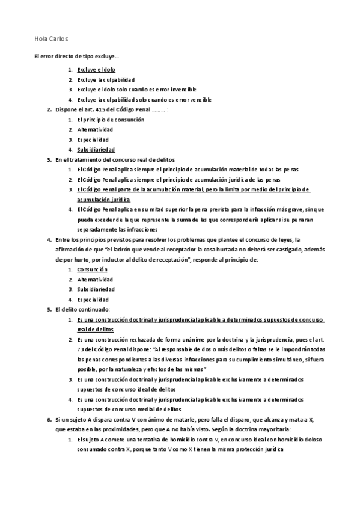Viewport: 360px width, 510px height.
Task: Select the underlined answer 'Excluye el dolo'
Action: [x=97, y=69]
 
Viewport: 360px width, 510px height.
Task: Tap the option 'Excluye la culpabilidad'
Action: [x=106, y=79]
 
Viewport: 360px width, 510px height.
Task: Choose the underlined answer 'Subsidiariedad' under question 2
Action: [x=96, y=149]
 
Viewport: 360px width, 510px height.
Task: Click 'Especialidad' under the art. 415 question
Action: [x=93, y=140]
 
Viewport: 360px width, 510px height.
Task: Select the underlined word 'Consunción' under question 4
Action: [x=92, y=269]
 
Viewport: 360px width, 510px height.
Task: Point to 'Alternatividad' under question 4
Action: [x=95, y=280]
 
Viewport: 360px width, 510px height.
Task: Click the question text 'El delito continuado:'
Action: [x=82, y=309]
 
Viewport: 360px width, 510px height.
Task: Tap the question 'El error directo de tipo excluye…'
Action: [x=76, y=57]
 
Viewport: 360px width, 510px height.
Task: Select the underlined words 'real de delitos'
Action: [x=95, y=330]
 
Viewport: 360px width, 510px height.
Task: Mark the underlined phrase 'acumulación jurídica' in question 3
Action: [x=103, y=199]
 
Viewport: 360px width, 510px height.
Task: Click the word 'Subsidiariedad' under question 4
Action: [x=96, y=289]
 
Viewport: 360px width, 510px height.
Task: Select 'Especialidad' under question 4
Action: [x=93, y=300]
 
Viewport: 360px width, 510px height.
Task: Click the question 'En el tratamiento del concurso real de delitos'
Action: [x=115, y=159]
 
